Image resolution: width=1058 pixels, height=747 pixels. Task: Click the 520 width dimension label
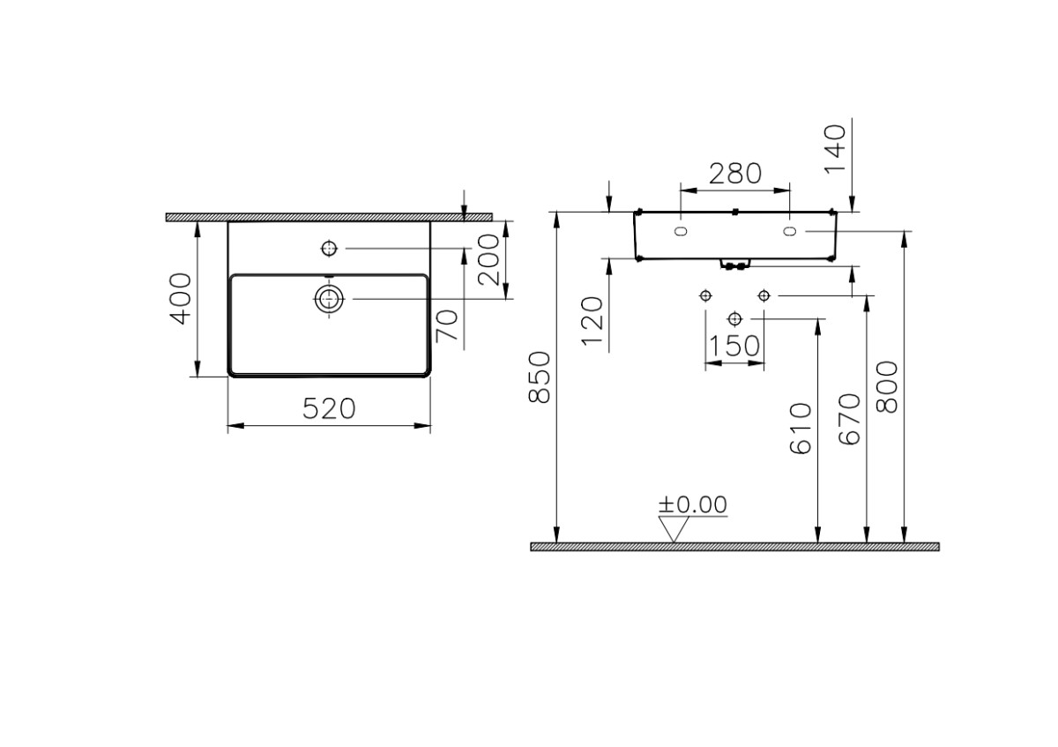[329, 408]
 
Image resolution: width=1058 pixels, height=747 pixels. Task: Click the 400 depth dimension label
[179, 298]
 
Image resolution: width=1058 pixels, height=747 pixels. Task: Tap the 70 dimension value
[448, 326]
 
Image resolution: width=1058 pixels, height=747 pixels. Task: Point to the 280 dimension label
[734, 173]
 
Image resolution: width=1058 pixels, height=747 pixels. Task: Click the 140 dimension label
[833, 148]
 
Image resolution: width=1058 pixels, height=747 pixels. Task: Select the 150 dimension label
[734, 346]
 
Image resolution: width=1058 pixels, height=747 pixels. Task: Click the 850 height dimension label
[539, 377]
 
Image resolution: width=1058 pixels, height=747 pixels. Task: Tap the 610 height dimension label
[801, 429]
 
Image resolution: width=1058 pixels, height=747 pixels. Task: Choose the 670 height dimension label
[849, 419]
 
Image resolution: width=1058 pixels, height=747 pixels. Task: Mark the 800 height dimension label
[887, 386]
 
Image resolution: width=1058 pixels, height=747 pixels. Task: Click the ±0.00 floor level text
[693, 504]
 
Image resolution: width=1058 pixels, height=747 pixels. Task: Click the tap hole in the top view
[329, 249]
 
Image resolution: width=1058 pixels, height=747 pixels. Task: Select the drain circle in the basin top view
[329, 299]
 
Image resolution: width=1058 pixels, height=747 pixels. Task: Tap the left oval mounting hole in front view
[681, 231]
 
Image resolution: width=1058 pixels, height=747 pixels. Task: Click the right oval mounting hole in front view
[789, 231]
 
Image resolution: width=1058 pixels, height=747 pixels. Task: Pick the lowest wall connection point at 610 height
[734, 317]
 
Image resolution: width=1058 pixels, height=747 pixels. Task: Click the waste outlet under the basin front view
[734, 264]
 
